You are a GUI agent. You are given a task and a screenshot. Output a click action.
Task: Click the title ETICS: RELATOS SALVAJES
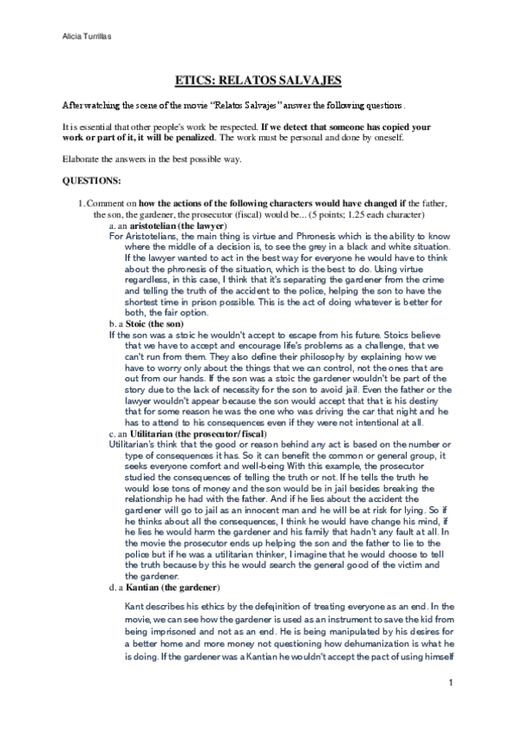point(258,81)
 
